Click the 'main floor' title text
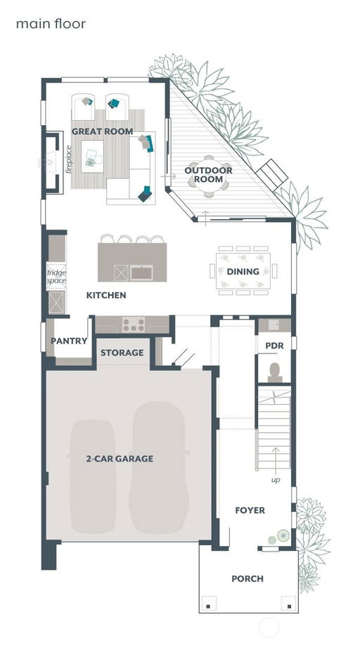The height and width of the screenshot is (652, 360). (x=51, y=24)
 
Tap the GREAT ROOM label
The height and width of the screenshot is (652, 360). (x=103, y=131)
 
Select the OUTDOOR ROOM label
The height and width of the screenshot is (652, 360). (x=209, y=175)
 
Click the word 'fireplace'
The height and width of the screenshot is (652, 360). (x=69, y=159)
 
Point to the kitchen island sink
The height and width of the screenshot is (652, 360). (x=141, y=273)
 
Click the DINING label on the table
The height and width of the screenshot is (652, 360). (x=243, y=271)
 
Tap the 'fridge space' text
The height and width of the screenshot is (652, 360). (x=56, y=277)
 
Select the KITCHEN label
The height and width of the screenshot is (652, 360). (x=106, y=296)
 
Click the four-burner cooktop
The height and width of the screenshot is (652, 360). (x=134, y=324)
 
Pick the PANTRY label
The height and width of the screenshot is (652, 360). (x=69, y=341)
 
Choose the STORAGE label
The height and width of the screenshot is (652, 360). (x=122, y=353)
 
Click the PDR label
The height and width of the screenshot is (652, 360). (x=274, y=346)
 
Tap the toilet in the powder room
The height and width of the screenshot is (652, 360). (x=275, y=372)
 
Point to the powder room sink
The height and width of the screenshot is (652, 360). (x=274, y=325)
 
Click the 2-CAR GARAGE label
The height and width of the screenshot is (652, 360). (x=120, y=459)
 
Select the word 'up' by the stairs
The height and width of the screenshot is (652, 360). (x=276, y=480)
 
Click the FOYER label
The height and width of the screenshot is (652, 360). (x=250, y=510)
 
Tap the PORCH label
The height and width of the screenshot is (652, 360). (x=247, y=578)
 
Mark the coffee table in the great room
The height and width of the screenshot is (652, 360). (x=92, y=157)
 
